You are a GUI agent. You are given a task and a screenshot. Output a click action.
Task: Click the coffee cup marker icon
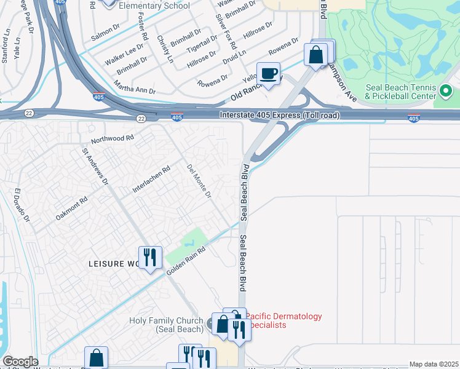click(268, 74)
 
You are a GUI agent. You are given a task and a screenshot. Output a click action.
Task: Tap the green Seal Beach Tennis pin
click(446, 92)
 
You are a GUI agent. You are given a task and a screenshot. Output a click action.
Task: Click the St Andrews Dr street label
click(95, 165)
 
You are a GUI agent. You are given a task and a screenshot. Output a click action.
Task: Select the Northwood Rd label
click(113, 140)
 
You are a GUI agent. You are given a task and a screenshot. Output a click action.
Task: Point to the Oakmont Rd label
click(72, 208)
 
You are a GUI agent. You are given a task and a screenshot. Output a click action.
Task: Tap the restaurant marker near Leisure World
click(150, 258)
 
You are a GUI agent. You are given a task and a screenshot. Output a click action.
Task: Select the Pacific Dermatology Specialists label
click(284, 320)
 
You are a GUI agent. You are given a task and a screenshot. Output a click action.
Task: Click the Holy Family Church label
click(166, 325)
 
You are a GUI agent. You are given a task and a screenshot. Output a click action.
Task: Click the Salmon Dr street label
click(105, 29)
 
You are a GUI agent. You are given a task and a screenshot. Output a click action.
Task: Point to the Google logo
click(20, 362)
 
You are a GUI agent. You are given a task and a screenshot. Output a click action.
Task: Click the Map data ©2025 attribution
click(434, 364)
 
